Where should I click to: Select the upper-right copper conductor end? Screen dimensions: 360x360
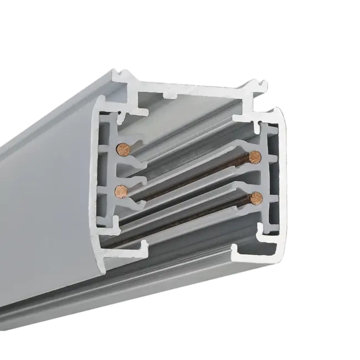[254, 156]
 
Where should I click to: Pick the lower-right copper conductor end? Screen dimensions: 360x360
[255, 196]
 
